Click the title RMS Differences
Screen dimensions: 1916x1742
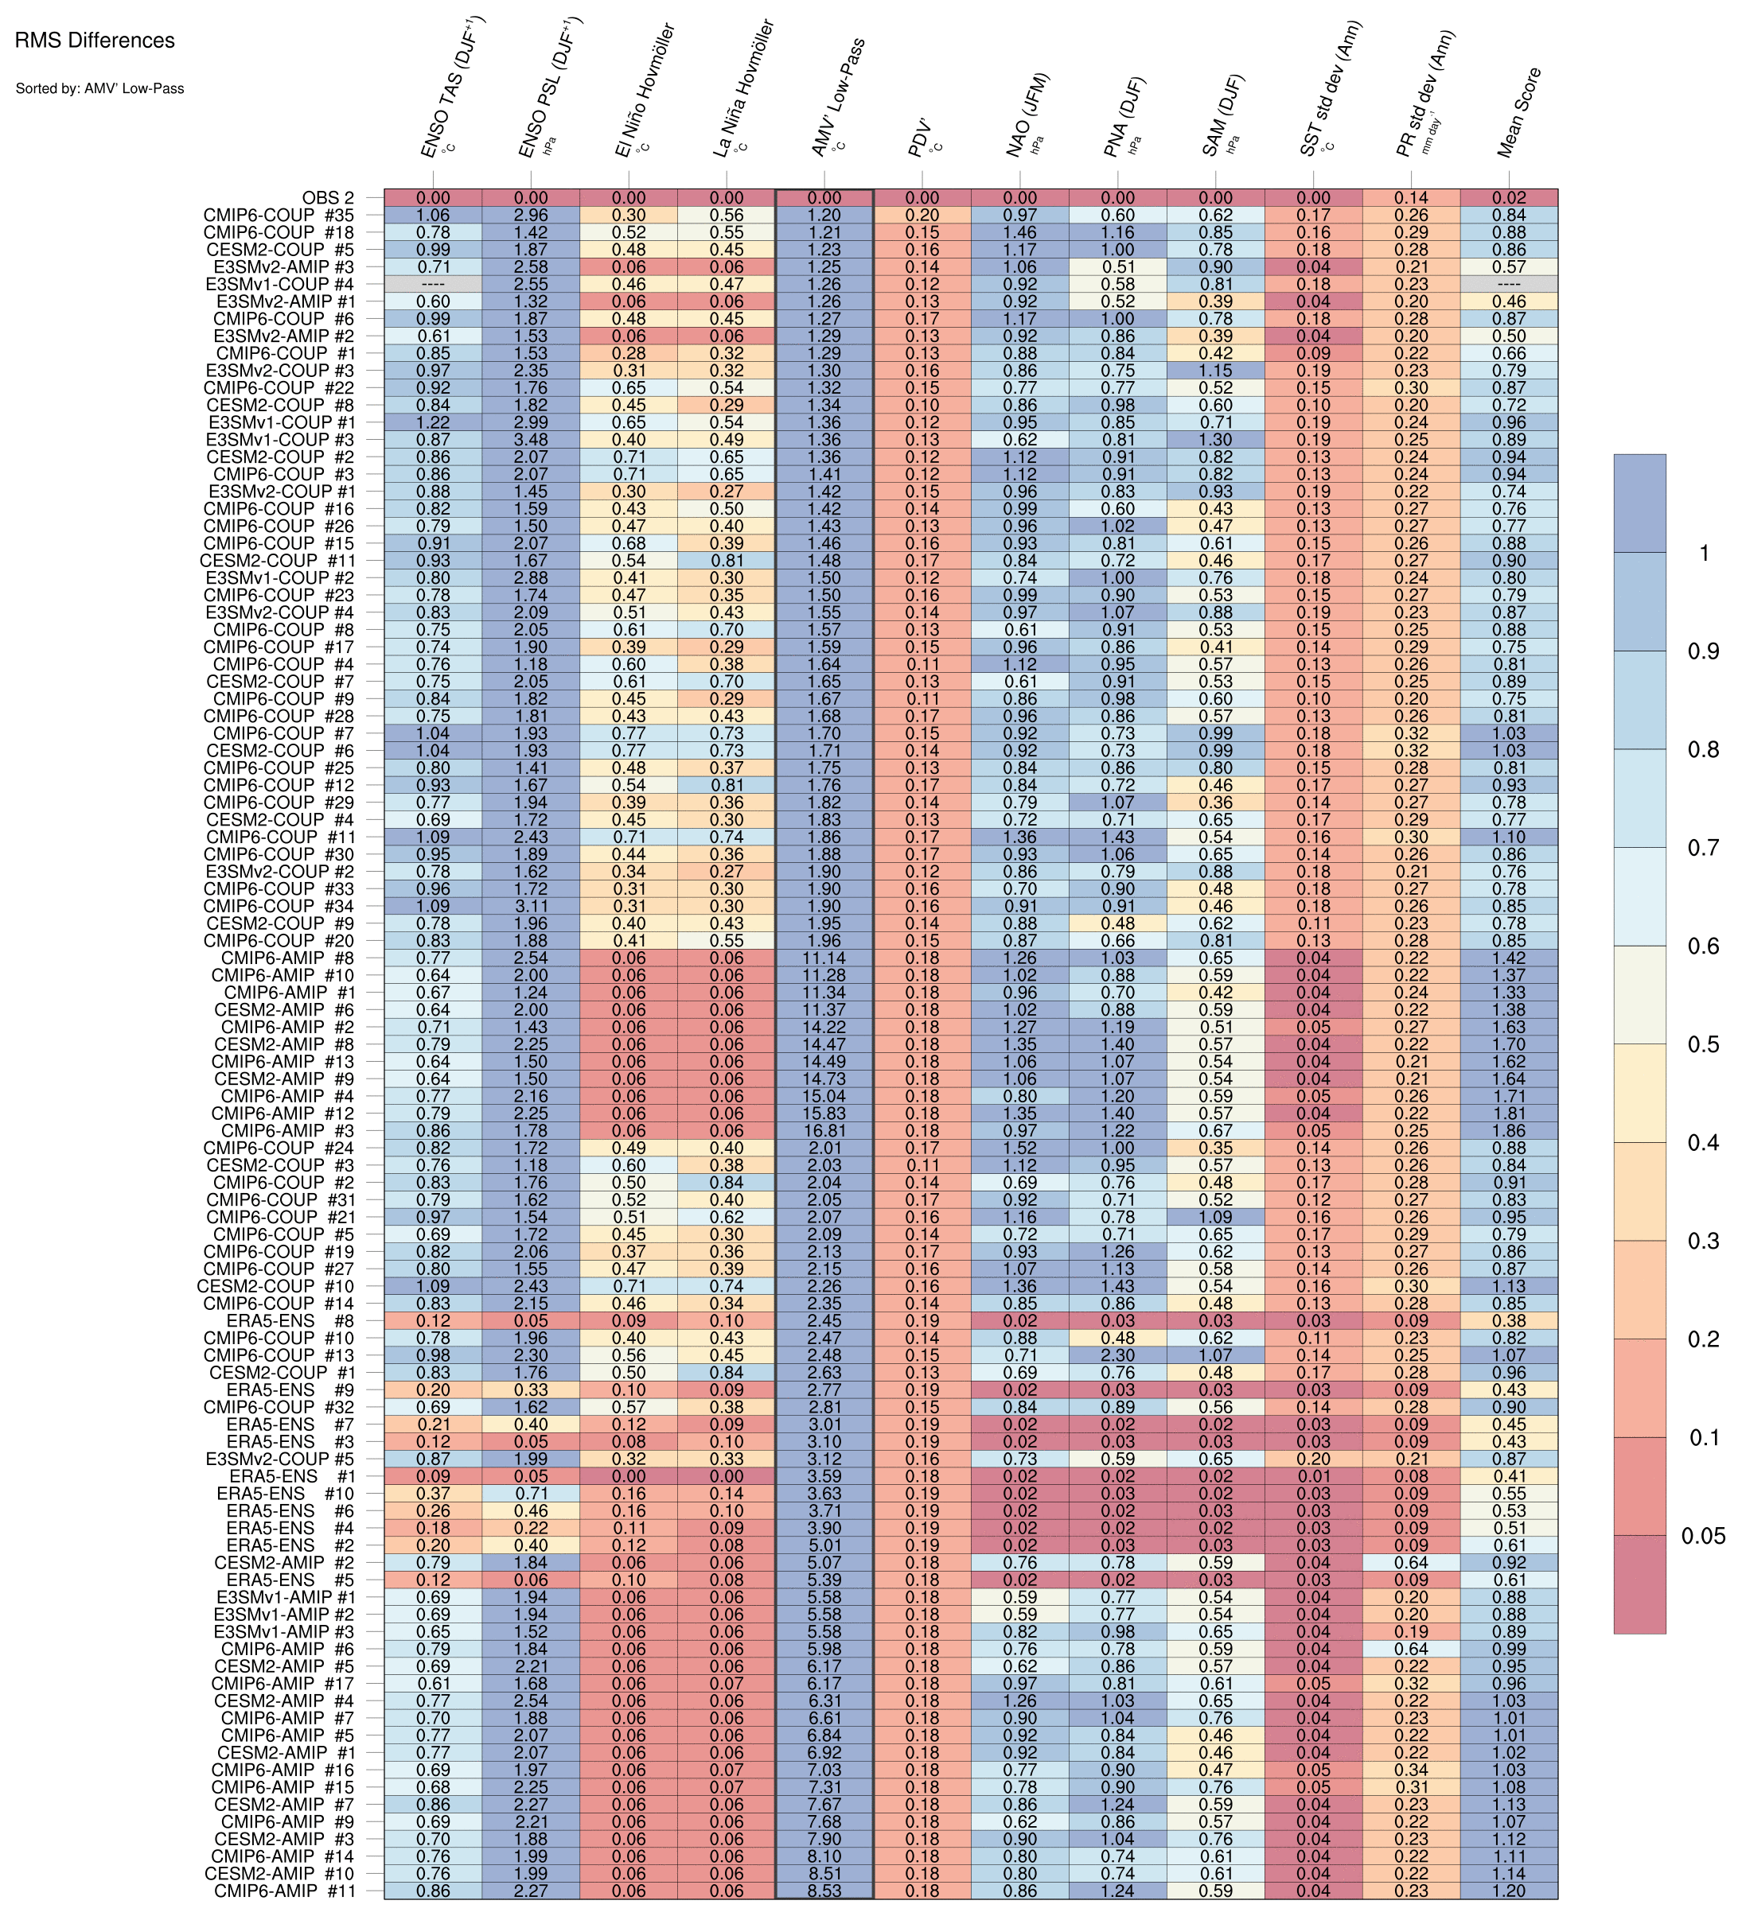(95, 41)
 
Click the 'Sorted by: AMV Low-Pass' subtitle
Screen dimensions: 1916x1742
(99, 88)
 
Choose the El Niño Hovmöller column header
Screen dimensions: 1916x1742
(644, 91)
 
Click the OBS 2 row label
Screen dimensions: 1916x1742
(328, 198)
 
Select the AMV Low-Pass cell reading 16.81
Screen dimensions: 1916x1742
(824, 1131)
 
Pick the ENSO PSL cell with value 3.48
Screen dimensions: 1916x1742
(531, 440)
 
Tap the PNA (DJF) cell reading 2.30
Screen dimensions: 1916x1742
(1118, 1355)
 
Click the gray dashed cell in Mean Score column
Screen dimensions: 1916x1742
(1509, 284)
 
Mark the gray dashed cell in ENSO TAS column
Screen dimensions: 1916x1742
(433, 284)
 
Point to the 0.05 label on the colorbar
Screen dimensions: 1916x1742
(1703, 1536)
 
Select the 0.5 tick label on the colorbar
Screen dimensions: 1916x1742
(1703, 1044)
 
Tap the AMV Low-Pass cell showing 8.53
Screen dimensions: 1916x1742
(824, 1891)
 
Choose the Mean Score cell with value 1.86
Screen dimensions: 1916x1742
(1509, 1131)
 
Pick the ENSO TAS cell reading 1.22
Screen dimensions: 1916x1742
(433, 422)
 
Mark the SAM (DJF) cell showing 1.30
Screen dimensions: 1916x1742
(1216, 440)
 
